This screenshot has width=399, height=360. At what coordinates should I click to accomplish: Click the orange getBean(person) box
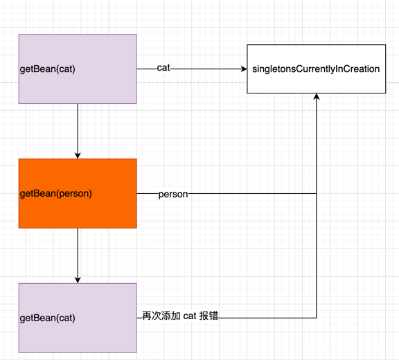pyautogui.click(x=78, y=193)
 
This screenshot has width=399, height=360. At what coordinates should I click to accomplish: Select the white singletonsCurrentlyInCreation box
pyautogui.click(x=317, y=69)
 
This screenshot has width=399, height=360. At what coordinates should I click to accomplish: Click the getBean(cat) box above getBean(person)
pyautogui.click(x=78, y=69)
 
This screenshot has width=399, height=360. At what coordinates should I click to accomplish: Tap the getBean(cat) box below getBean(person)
pyautogui.click(x=78, y=318)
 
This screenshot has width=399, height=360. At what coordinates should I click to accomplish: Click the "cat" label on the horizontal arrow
pyautogui.click(x=163, y=68)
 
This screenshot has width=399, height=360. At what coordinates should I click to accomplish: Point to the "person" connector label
pyautogui.click(x=173, y=195)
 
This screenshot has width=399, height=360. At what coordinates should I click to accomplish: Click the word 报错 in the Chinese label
pyautogui.click(x=209, y=316)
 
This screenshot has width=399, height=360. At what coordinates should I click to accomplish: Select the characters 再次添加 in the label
pyautogui.click(x=161, y=316)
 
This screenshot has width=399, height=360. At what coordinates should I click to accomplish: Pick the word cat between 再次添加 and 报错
pyautogui.click(x=190, y=316)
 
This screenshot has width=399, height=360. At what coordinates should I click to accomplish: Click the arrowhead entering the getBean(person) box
pyautogui.click(x=78, y=155)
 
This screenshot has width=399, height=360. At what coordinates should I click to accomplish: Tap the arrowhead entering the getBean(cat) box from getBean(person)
pyautogui.click(x=78, y=280)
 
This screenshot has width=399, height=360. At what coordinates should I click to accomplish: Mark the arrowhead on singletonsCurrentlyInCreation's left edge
pyautogui.click(x=244, y=69)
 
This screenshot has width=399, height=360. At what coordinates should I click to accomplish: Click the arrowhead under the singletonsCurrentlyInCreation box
pyautogui.click(x=317, y=96)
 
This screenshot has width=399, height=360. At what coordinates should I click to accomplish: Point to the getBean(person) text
pyautogui.click(x=56, y=194)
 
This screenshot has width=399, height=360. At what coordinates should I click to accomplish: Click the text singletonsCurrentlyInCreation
pyautogui.click(x=316, y=69)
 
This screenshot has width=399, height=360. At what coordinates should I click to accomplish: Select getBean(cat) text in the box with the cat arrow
pyautogui.click(x=48, y=69)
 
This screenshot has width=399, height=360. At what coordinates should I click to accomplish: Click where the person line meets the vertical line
pyautogui.click(x=317, y=193)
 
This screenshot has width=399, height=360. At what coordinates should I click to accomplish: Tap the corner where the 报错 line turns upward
pyautogui.click(x=317, y=318)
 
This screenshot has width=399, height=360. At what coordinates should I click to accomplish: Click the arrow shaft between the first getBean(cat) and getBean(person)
pyautogui.click(x=78, y=128)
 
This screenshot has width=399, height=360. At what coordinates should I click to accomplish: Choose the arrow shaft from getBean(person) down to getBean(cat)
pyautogui.click(x=78, y=253)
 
